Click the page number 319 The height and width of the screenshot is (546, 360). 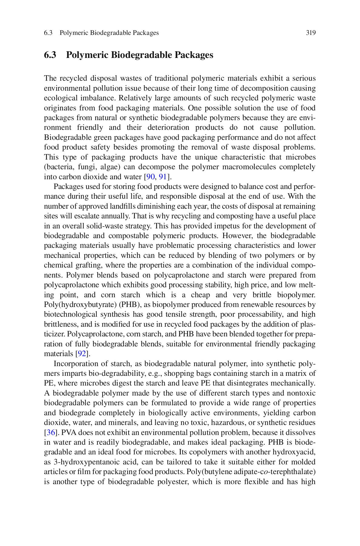click(311, 33)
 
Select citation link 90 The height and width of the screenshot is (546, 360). click(150, 177)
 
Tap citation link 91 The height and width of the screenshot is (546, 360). click(163, 177)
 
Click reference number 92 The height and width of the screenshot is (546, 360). click(81, 354)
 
